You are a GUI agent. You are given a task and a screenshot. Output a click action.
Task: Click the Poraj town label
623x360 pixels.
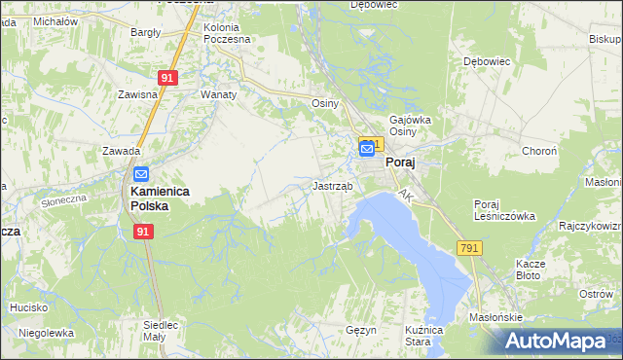401,163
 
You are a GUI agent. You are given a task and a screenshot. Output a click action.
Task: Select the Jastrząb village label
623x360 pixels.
332,185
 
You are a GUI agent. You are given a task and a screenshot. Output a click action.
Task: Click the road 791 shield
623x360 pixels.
470,249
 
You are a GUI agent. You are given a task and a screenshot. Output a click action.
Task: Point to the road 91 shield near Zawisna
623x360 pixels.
167,78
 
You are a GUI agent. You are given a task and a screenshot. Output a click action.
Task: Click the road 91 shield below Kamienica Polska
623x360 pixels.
143,232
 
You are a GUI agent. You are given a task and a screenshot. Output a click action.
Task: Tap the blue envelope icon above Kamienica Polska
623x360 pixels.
140,174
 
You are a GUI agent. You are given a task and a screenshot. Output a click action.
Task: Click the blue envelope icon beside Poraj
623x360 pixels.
368,149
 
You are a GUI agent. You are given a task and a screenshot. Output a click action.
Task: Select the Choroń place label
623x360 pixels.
539,152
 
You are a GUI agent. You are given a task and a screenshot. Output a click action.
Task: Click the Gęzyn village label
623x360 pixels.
360,331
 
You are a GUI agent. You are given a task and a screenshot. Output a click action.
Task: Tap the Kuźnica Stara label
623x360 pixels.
418,336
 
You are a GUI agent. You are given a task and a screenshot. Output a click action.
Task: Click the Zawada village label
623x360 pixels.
122,151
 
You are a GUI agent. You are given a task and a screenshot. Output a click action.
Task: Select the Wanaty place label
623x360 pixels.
218,95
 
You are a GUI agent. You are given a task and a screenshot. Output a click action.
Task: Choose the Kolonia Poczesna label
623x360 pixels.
227,33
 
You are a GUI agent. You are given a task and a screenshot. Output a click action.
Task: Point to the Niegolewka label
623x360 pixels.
47,332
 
